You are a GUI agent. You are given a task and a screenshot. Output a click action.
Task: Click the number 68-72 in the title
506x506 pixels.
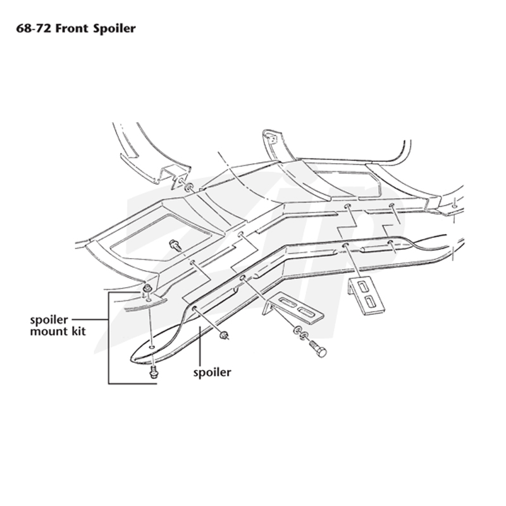click(34, 28)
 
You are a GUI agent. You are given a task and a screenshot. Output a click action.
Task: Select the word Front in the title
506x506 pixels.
click(71, 28)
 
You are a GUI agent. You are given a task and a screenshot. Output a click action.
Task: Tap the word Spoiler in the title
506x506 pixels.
click(114, 28)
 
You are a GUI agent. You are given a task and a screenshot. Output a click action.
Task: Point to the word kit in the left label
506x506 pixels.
click(78, 331)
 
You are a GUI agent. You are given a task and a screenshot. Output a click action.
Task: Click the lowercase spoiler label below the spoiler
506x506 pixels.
click(212, 373)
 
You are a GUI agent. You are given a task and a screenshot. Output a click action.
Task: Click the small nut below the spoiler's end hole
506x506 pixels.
click(223, 336)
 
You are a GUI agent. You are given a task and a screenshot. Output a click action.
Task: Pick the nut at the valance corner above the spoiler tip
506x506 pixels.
click(147, 288)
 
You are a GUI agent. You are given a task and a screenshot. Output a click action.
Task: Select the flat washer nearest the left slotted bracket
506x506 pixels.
click(297, 330)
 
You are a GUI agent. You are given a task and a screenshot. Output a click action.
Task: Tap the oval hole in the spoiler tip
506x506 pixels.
click(152, 347)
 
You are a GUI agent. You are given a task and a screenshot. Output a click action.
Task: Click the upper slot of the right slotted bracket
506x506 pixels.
click(363, 286)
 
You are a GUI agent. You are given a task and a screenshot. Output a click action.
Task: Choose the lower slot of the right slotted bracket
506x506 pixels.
click(371, 302)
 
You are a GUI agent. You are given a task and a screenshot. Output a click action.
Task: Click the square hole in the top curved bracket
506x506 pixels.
click(272, 139)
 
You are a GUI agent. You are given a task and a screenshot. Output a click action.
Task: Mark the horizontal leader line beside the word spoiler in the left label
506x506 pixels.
click(90, 319)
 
